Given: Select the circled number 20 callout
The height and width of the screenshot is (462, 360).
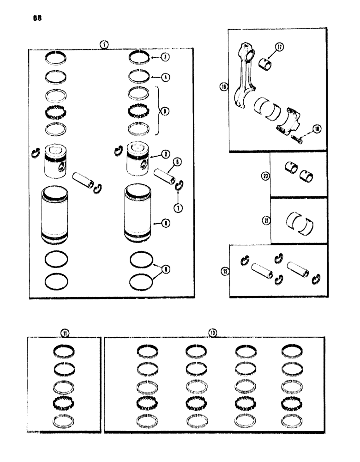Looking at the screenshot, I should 265,176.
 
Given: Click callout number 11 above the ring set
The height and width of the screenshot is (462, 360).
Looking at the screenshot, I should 64,332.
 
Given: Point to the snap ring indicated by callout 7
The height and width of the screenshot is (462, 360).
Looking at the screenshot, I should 178,186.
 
